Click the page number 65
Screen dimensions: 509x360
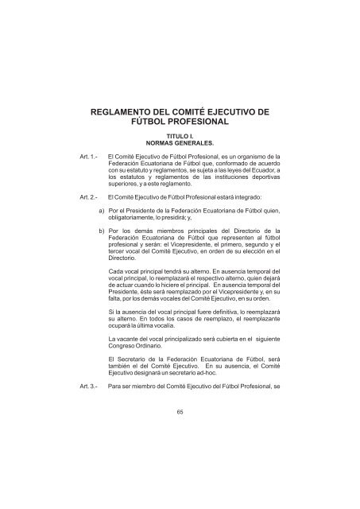point(180,412)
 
